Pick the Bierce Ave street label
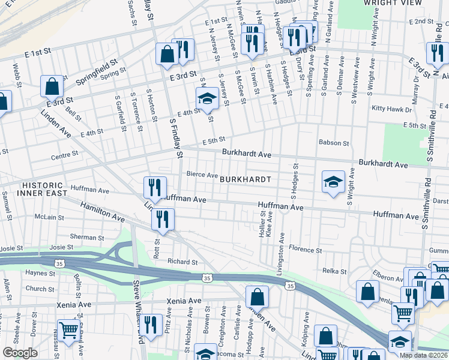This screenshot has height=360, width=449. (202, 175)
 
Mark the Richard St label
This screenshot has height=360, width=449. (182, 262)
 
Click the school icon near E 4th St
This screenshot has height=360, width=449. (207, 98)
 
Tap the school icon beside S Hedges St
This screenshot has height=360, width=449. (333, 182)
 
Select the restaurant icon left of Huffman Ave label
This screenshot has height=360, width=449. (155, 188)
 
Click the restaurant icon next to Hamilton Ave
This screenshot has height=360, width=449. (162, 219)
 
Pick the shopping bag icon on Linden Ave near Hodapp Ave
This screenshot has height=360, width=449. (257, 296)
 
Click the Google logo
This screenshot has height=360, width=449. (20, 353)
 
